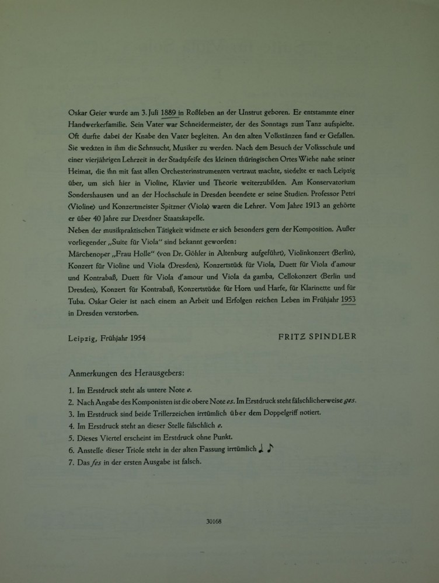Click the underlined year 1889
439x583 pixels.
169,113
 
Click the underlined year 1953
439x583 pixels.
349,300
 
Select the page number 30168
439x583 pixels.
214,522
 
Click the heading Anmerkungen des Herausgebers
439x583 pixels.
127,372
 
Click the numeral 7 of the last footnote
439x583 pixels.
70,462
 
